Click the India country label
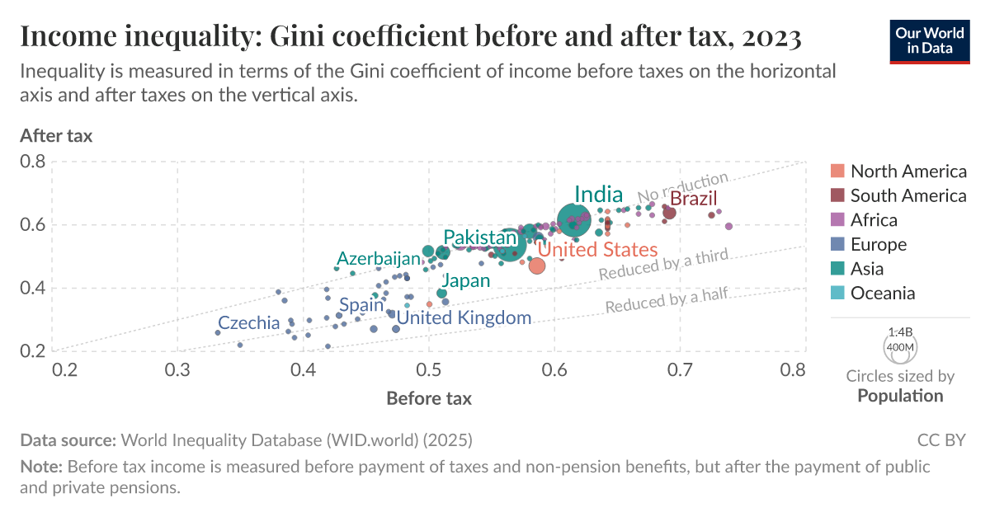click(598, 195)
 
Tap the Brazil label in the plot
click(693, 199)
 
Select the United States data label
click(597, 250)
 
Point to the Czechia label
click(249, 323)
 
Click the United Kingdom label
click(464, 318)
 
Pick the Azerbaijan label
click(379, 258)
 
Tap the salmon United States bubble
click(536, 266)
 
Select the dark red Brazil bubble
click(670, 213)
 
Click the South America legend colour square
click(837, 195)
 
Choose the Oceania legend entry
click(883, 293)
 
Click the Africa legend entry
click(874, 220)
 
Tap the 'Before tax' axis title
click(429, 399)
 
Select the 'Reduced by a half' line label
click(667, 301)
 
